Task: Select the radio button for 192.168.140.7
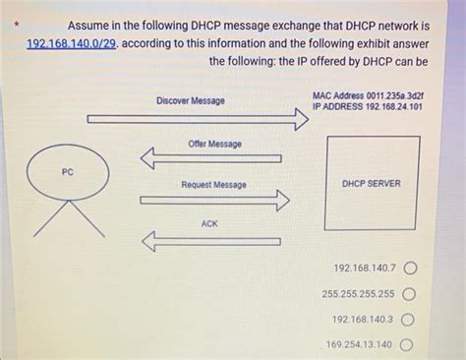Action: (x=408, y=268)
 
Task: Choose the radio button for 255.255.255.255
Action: (x=408, y=293)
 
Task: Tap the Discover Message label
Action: (x=190, y=101)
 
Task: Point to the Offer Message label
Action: (x=214, y=144)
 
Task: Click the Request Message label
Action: (x=213, y=185)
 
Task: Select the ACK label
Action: (x=209, y=224)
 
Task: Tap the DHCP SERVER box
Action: (x=371, y=183)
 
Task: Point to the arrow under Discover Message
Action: (x=197, y=120)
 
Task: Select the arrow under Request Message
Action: (x=214, y=200)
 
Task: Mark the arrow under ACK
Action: (x=210, y=240)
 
